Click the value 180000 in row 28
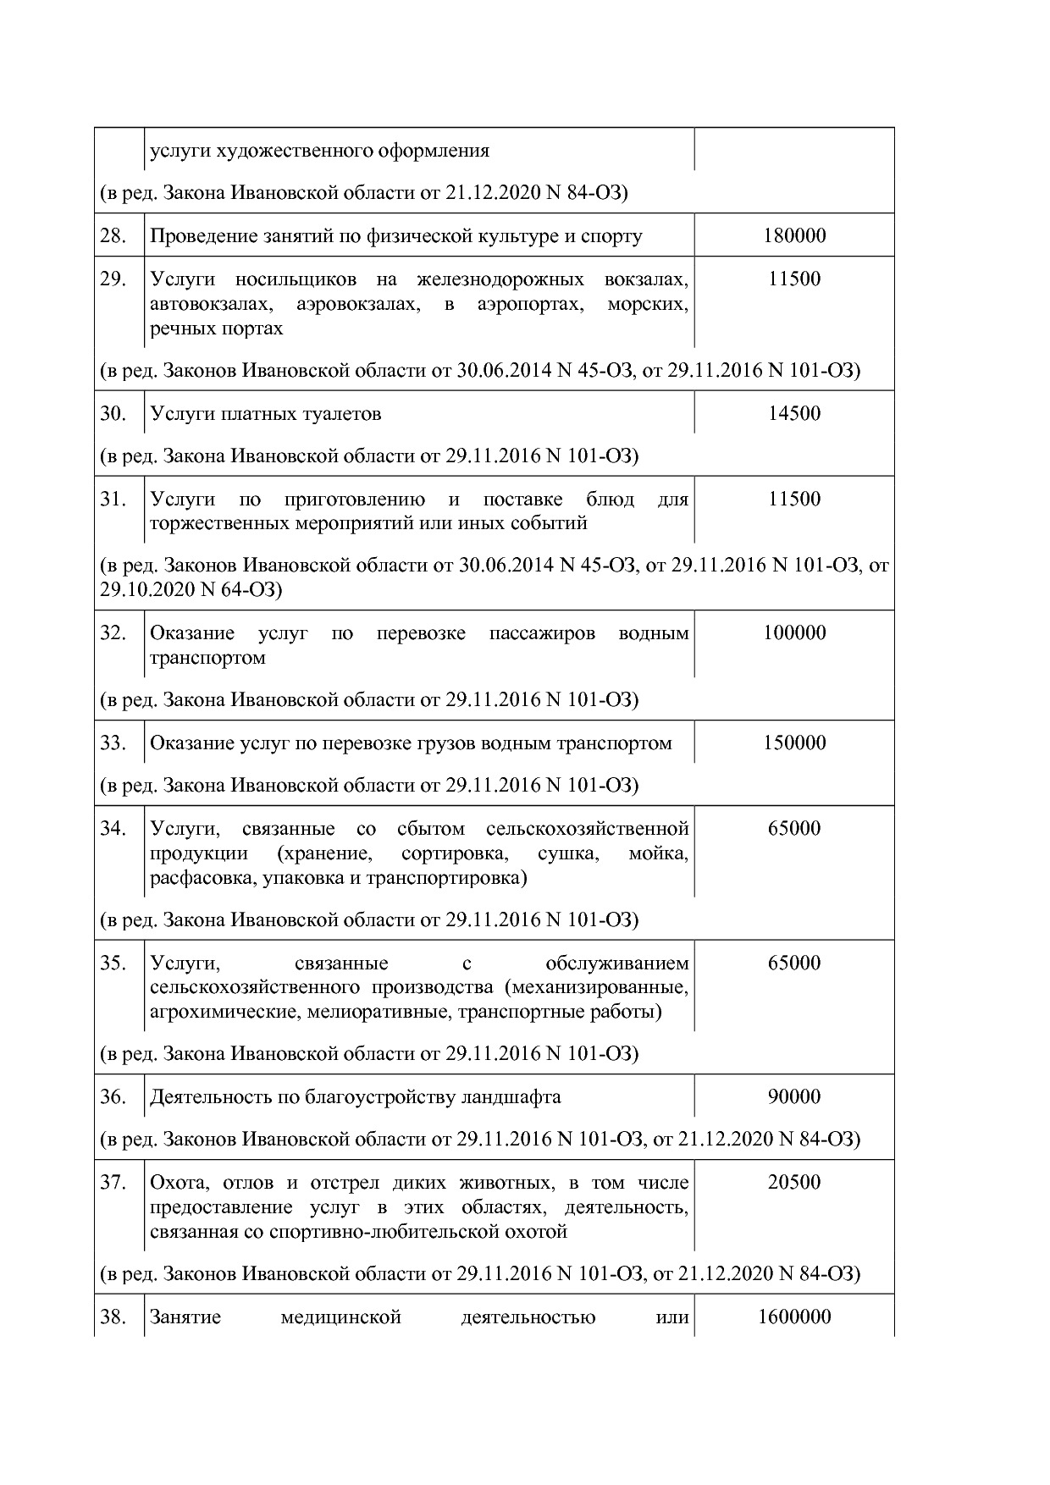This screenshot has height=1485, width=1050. click(x=793, y=235)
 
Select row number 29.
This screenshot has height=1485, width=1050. click(x=113, y=279)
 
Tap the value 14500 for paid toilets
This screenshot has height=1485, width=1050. click(x=793, y=413)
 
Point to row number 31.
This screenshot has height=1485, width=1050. click(x=113, y=499)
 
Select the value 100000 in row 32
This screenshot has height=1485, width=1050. click(x=793, y=632)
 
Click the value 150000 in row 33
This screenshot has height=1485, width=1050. click(x=793, y=742)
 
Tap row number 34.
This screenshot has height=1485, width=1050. click(x=113, y=828)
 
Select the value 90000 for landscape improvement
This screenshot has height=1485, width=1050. click(x=793, y=1096)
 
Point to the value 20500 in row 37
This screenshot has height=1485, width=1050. click(x=793, y=1182)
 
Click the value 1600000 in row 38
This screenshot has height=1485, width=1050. click(x=793, y=1317)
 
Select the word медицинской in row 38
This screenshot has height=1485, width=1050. click(x=340, y=1317)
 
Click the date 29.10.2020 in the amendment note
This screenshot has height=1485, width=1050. click(x=146, y=590)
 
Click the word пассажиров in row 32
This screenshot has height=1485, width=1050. click(x=542, y=633)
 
